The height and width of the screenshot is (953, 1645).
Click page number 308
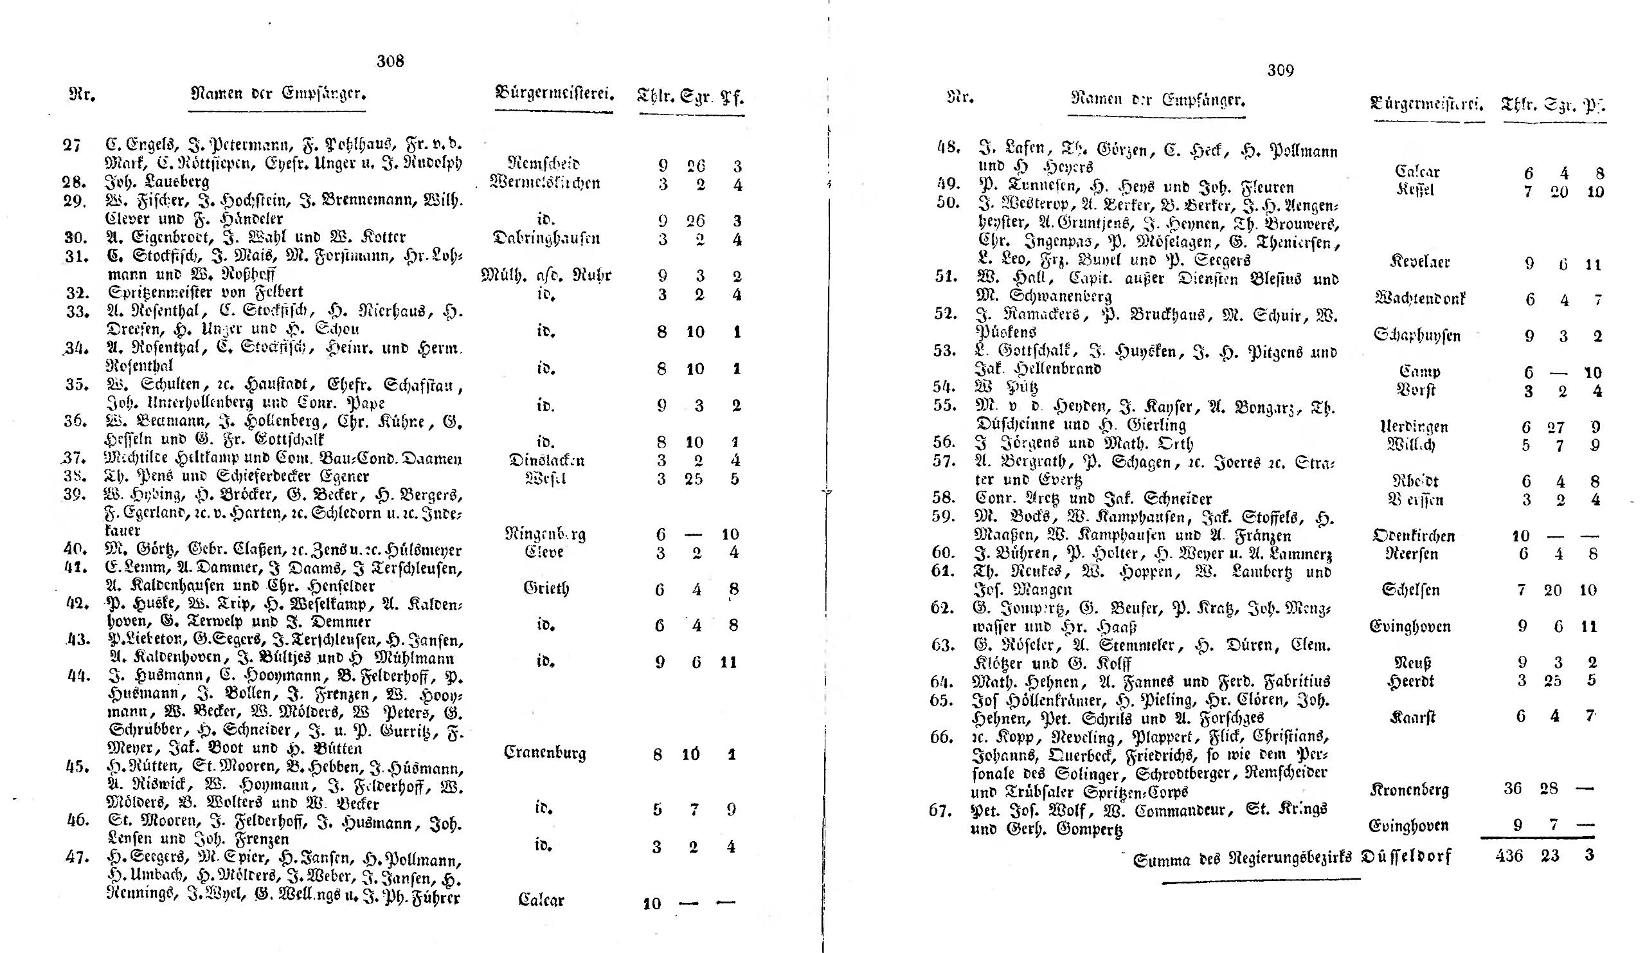tap(390, 60)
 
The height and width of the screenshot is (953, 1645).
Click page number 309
tap(1280, 70)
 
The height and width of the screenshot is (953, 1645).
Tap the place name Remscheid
tap(543, 163)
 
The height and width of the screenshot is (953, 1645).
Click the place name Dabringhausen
tap(546, 238)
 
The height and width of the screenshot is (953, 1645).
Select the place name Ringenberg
tap(545, 534)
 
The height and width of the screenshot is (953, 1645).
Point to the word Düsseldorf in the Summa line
tap(1407, 857)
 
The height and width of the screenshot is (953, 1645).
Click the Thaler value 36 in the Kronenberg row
tap(1513, 788)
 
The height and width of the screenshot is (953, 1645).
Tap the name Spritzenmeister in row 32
tap(154, 292)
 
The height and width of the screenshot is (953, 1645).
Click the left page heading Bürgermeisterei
tap(554, 93)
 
